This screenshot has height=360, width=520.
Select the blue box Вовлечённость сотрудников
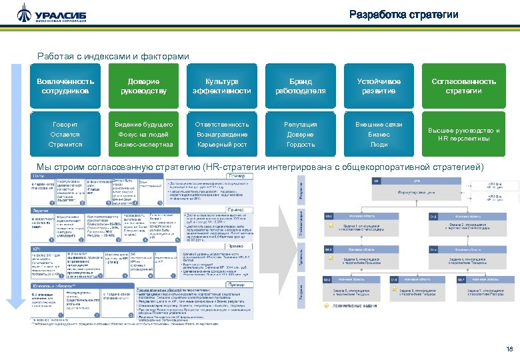[65, 86]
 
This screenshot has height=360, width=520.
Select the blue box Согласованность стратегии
[464, 86]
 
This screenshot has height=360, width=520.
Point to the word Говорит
[65, 124]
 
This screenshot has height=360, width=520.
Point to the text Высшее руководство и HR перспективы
[464, 135]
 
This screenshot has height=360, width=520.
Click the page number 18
[509, 349]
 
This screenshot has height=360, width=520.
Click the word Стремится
[65, 144]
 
